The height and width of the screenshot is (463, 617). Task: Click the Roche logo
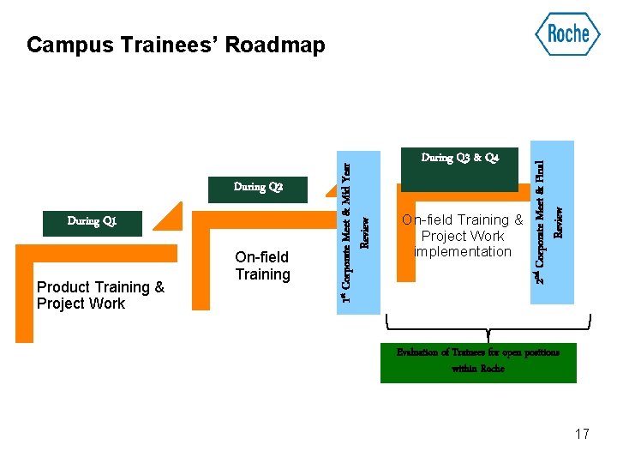567,34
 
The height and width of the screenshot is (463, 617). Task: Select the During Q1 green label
92,221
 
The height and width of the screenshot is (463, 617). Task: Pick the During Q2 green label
257,188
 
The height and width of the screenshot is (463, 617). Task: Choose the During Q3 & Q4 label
459,159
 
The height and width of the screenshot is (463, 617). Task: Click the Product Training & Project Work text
100,296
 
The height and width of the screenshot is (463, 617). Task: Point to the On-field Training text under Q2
262,266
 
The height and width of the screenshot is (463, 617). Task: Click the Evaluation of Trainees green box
478,360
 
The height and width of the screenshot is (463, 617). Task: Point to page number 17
582,434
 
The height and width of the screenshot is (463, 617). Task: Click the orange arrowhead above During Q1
172,214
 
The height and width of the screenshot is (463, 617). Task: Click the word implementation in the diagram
463,251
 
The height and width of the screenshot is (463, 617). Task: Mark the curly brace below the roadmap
488,328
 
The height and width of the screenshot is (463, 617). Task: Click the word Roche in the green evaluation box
492,368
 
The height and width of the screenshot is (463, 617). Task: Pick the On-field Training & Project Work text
463,236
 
